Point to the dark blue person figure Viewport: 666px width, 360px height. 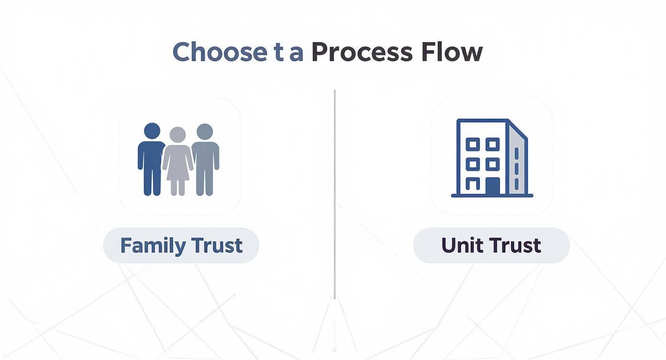[152, 160]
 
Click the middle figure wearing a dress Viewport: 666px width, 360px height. [178, 163]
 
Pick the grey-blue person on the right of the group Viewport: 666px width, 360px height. [205, 160]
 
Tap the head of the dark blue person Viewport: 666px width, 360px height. [152, 131]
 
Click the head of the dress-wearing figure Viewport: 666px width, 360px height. [178, 134]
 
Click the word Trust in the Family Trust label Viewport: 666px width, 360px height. [217, 246]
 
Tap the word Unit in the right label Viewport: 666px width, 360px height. [459, 246]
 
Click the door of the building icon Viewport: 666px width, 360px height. [492, 186]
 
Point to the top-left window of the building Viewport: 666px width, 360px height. [473, 144]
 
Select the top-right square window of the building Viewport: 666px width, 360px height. [493, 144]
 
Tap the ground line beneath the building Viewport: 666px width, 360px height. [492, 195]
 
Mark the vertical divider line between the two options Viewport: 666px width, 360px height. [334, 191]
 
